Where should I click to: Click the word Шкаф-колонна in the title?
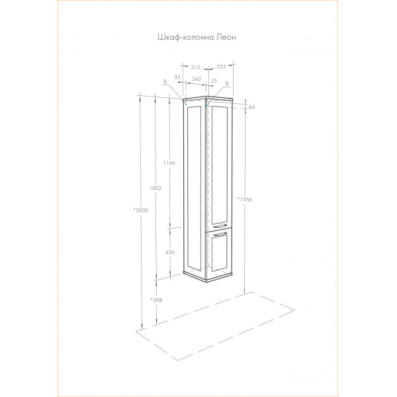pyautogui.click(x=186, y=37)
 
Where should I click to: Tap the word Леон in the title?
pyautogui.click(x=226, y=37)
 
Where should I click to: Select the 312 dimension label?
pyautogui.click(x=195, y=67)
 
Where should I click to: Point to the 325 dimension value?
pyautogui.click(x=221, y=67)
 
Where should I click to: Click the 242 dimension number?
pyautogui.click(x=197, y=79)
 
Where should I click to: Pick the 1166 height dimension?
pyautogui.click(x=169, y=163)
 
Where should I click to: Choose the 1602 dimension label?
pyautogui.click(x=155, y=188)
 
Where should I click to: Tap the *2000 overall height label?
pyautogui.click(x=141, y=210)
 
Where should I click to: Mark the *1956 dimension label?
pyautogui.click(x=245, y=199)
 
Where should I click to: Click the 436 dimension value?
pyautogui.click(x=170, y=252)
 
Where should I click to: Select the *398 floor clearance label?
pyautogui.click(x=156, y=300)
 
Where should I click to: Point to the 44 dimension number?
pyautogui.click(x=251, y=107)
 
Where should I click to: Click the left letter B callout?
pyautogui.click(x=165, y=82)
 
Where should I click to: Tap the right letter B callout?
pyautogui.click(x=227, y=83)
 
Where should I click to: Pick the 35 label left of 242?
pyautogui.click(x=177, y=77)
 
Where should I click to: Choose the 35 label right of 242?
pyautogui.click(x=214, y=81)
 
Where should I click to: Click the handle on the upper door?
pyautogui.click(x=220, y=226)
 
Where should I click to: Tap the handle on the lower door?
pyautogui.click(x=220, y=234)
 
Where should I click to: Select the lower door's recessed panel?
pyautogui.click(x=219, y=254)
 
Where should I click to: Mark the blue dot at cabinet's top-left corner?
pyautogui.click(x=186, y=104)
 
